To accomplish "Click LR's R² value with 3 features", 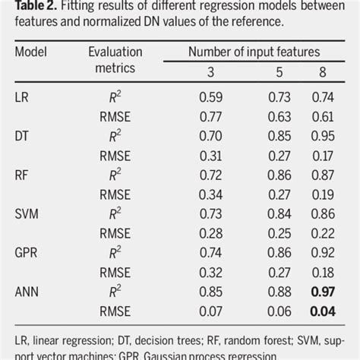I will [210, 98].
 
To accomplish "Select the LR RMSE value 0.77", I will [210, 117].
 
